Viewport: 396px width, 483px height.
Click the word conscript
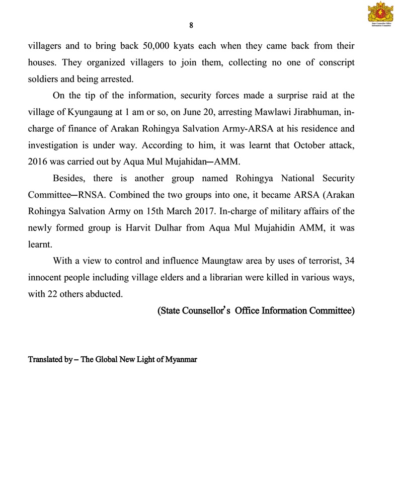pos(336,63)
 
